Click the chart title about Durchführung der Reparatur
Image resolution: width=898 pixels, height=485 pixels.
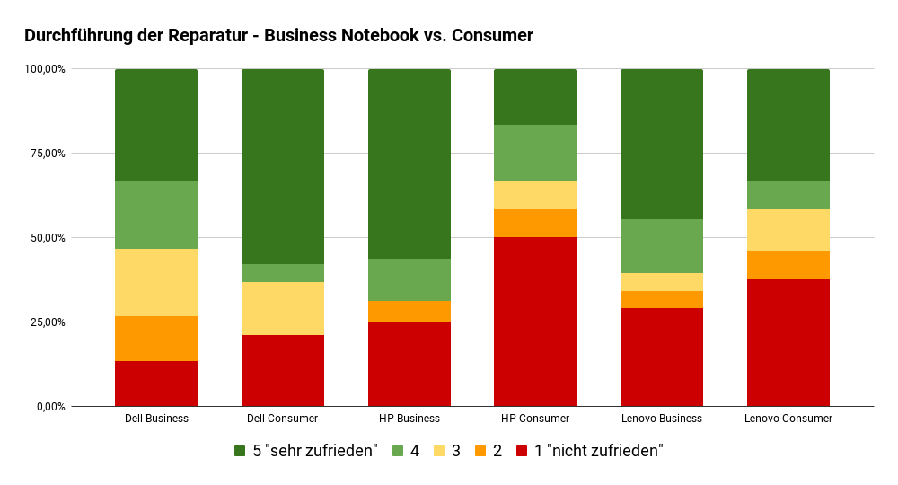278,36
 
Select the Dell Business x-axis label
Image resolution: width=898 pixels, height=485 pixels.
156,419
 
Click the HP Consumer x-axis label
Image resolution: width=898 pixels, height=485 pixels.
535,419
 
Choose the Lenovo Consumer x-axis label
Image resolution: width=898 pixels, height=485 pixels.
788,419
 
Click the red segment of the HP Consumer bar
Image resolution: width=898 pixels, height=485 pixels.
535,322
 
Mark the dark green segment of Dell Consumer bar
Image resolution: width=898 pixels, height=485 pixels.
283,166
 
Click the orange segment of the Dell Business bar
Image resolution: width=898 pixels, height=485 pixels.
156,339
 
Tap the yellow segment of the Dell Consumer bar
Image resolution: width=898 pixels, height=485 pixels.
283,308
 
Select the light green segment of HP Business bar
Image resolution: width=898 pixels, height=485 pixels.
409,279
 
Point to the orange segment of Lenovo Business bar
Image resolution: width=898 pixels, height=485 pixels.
662,299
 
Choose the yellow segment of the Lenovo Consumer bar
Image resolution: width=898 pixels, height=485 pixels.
788,230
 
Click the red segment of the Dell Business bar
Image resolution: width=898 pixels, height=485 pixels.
156,384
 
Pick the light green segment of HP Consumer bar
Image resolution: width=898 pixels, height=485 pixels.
535,153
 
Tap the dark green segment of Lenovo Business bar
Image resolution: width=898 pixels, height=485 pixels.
662,144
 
